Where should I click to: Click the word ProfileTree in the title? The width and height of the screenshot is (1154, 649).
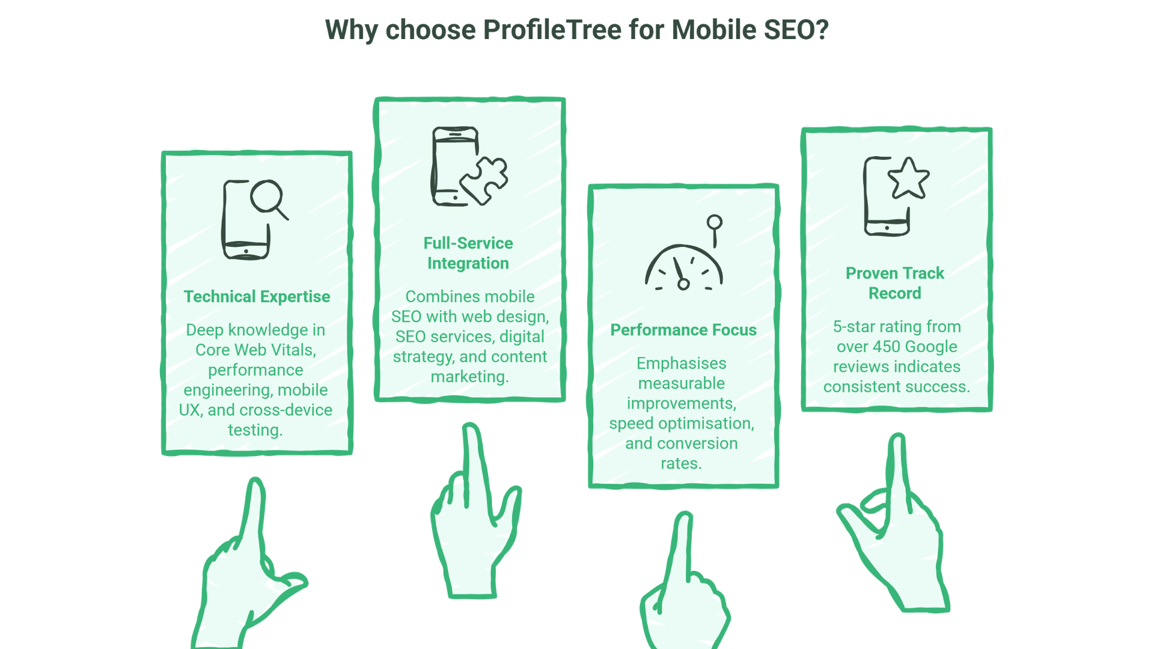pos(552,30)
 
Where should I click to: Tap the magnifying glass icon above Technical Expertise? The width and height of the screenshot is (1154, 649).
pos(267,197)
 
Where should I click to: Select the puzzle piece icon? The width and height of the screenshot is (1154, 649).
pos(485,179)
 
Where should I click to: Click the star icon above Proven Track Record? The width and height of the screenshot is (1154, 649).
pos(908,178)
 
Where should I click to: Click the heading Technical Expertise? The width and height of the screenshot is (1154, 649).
pos(257,297)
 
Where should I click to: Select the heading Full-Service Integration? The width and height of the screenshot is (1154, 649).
pos(468,253)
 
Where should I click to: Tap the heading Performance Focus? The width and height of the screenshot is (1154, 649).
pos(683,330)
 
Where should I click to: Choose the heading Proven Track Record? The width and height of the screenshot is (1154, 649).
pos(894,283)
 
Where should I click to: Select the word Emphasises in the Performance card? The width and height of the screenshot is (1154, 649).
pos(681,364)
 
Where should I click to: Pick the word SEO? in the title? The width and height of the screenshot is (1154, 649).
pos(796,30)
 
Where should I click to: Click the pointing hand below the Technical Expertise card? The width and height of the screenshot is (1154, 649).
pos(246,577)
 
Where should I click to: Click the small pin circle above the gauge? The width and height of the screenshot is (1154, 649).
pos(714,222)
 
